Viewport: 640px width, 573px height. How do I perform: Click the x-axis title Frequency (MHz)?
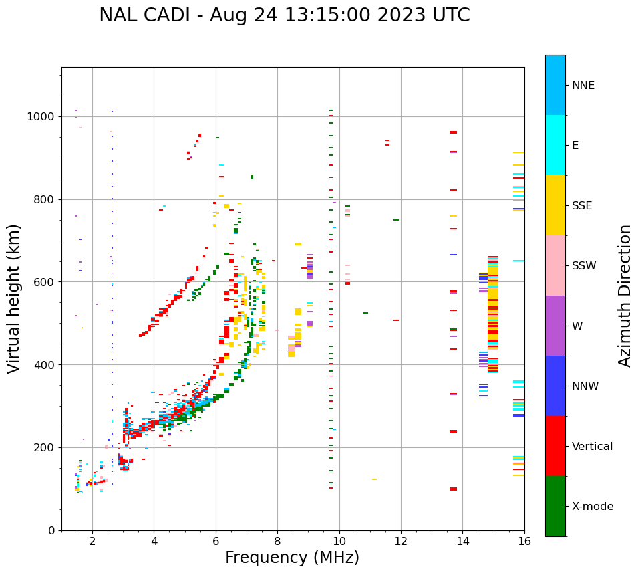[x=292, y=558]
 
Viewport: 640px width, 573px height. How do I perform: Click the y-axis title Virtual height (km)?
[x=14, y=298]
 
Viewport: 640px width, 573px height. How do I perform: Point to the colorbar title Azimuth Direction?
[x=625, y=296]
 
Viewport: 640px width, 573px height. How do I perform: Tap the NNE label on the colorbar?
[x=583, y=86]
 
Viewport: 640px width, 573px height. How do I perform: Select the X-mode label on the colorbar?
[x=593, y=507]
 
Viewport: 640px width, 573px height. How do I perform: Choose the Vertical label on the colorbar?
[x=593, y=447]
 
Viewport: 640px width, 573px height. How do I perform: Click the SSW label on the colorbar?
[x=584, y=266]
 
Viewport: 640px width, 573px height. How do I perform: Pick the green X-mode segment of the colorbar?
[x=555, y=506]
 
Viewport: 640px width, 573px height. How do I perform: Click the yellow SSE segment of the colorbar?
[x=555, y=205]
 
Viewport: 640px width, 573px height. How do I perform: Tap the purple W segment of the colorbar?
[x=555, y=326]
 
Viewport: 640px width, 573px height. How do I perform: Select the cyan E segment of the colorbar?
[x=555, y=145]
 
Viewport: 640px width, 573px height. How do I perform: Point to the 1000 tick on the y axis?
[x=41, y=117]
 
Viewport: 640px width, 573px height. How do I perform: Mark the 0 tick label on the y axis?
[x=51, y=531]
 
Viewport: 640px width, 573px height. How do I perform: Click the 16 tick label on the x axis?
[x=524, y=541]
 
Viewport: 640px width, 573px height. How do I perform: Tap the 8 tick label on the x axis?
[x=277, y=541]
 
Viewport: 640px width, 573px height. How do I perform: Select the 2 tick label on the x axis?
[x=92, y=541]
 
